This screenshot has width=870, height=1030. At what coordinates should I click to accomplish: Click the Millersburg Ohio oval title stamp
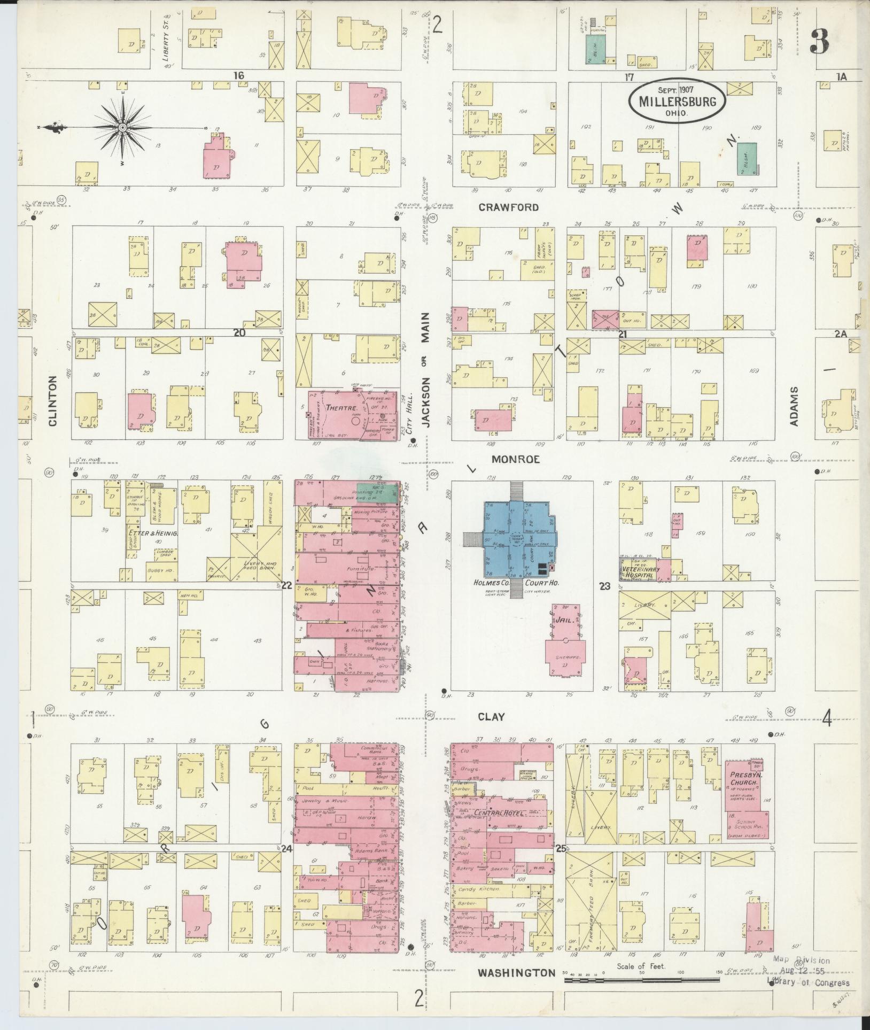[x=677, y=102]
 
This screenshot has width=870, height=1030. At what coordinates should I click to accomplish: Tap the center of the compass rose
[x=122, y=128]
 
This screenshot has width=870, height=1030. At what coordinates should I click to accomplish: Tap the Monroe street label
[x=516, y=459]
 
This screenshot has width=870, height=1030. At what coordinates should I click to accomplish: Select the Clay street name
[x=491, y=717]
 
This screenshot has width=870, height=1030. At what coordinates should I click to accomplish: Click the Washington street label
[x=517, y=972]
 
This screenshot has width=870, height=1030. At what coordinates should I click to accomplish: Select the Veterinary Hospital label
[x=641, y=572]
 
